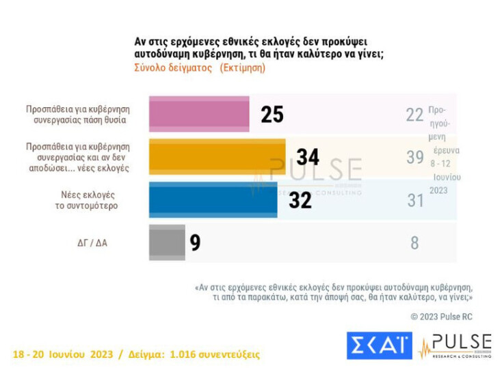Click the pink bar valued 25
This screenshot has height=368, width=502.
click(198, 114)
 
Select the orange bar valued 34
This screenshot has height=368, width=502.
click(217, 157)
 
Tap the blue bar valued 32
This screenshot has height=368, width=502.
click(213, 199)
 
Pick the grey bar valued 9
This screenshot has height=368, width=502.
click(167, 242)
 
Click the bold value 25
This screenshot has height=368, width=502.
click(272, 115)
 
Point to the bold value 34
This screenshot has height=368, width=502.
click(308, 157)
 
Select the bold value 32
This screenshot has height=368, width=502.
click(300, 200)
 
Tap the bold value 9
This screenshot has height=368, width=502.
click(196, 243)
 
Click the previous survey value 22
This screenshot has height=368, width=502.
click(414, 115)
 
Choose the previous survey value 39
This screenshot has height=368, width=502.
click(414, 157)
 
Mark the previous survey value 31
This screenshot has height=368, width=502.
click(414, 200)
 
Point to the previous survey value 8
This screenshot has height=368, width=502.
click(414, 242)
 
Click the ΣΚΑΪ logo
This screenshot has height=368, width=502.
click(380, 345)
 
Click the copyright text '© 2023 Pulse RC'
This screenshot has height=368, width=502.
click(441, 317)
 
